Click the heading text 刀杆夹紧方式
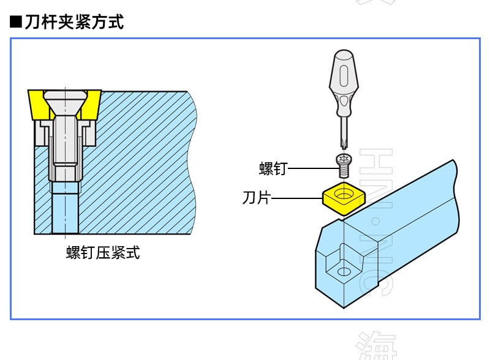pos(74,23)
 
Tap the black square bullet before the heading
pos(16,23)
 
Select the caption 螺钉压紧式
pos(103,252)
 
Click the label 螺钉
pos(273,168)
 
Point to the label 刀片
pos(256,198)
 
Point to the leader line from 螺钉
pos(310,167)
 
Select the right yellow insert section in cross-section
pos(91,104)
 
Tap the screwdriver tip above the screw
pos(343,148)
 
